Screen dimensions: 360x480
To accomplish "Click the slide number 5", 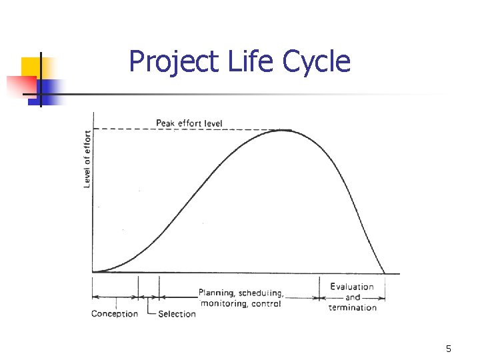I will point(449,349).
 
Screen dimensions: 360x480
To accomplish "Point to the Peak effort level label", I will point(189,123).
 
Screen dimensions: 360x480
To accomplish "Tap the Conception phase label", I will point(115,313).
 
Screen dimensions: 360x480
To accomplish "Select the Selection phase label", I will point(177,313).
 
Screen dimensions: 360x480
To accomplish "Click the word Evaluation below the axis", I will point(352,287).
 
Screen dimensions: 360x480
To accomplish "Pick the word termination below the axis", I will point(353,307).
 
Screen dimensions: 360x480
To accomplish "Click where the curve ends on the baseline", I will point(385,273).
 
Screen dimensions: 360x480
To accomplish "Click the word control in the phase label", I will point(267,303).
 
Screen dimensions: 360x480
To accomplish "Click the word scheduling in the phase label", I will point(261,293).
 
